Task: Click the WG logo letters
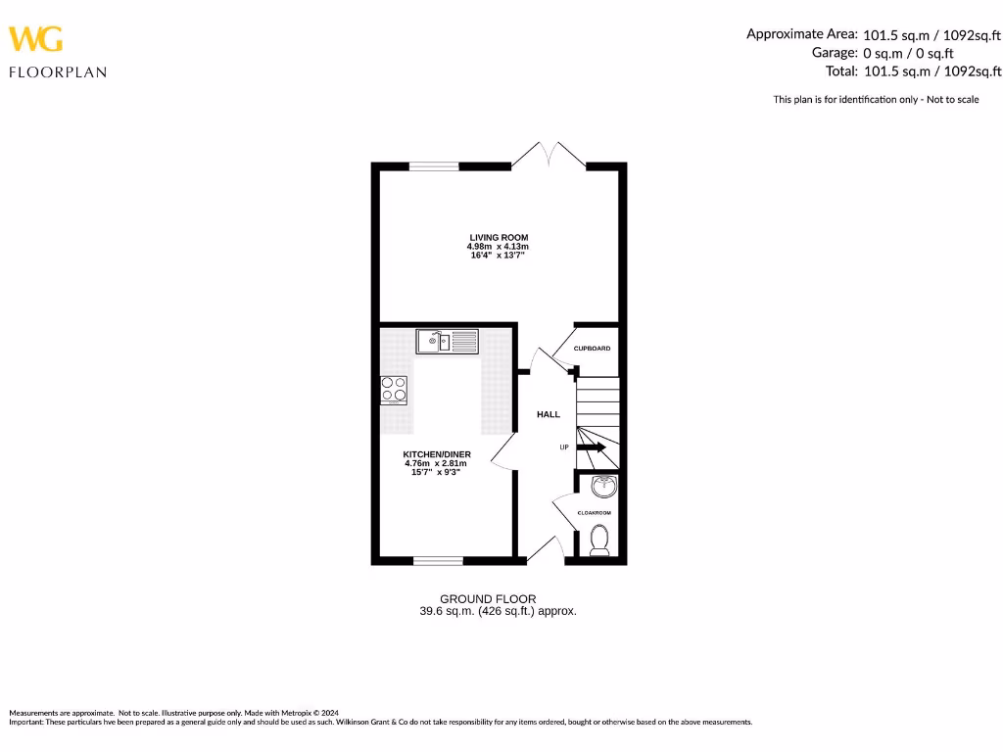36,39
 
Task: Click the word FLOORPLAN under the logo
58,71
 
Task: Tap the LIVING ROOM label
499,238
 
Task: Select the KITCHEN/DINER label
437,455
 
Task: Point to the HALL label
549,414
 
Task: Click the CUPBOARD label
592,349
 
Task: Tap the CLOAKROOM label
594,513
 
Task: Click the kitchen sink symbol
447,341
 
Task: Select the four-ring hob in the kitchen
394,390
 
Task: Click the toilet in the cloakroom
599,540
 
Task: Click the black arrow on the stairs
595,447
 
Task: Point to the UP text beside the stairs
563,447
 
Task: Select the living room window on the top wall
433,166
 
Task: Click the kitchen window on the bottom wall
438,561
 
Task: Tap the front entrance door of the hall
545,551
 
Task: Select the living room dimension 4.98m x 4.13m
499,247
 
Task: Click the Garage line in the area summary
883,53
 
